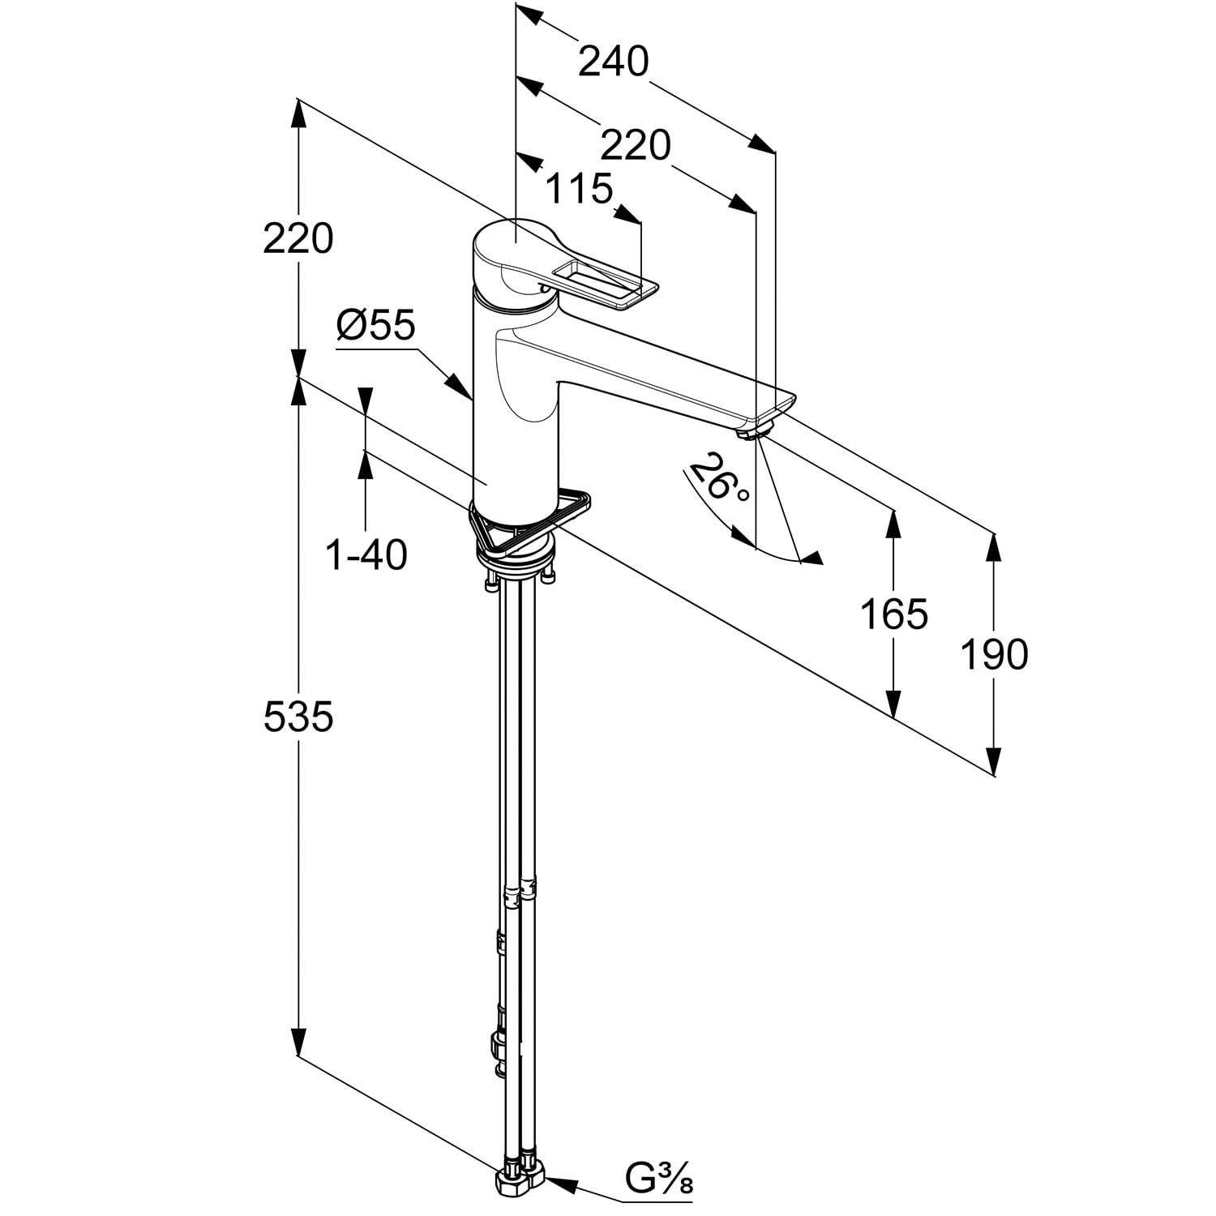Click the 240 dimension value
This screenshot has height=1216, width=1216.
pyautogui.click(x=614, y=62)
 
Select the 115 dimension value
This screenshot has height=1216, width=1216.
pyautogui.click(x=578, y=190)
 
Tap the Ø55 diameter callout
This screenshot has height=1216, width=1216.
pyautogui.click(x=376, y=326)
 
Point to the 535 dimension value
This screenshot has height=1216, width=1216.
pyautogui.click(x=298, y=717)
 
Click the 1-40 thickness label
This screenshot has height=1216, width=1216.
pyautogui.click(x=366, y=555)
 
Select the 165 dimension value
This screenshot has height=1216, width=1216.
pyautogui.click(x=893, y=614)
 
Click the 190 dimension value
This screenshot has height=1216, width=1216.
pyautogui.click(x=994, y=653)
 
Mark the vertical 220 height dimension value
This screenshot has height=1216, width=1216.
pyautogui.click(x=298, y=239)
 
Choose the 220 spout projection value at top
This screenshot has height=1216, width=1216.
pyautogui.click(x=636, y=146)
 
